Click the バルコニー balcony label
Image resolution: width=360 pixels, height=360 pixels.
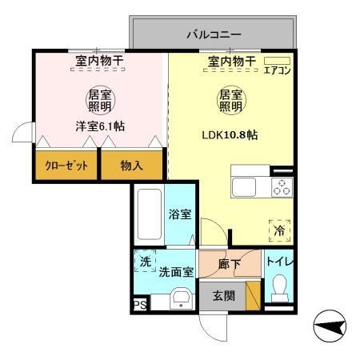coord(214,34)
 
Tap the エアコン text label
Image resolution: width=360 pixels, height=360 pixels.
coord(277,70)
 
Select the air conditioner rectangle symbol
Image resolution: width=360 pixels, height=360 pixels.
coord(277,60)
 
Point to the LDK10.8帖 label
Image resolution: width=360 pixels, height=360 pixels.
coord(229,134)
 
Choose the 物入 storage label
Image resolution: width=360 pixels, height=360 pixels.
coord(133,166)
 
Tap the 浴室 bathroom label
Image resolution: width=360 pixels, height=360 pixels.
coord(180,214)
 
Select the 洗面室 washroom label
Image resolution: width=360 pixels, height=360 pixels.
coord(176,272)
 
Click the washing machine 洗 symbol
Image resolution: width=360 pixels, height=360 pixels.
coord(146,262)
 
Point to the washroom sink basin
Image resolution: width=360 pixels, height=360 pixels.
coord(182,300)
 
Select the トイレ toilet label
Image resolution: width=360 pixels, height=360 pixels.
coord(278,261)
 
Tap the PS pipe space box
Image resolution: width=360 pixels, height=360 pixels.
coord(139,305)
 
